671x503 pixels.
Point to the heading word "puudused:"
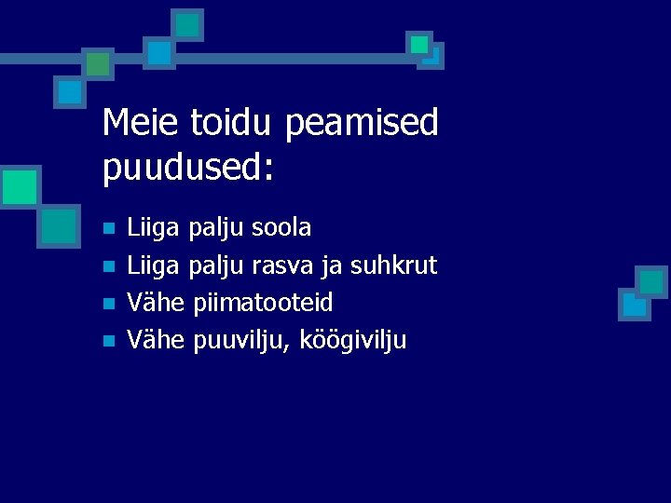pos(188,169)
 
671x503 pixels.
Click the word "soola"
pos(281,227)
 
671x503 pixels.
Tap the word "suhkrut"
pos(393,265)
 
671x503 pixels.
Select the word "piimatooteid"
pos(263,303)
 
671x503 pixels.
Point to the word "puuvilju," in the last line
pos(241,341)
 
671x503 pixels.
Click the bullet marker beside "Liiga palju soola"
pos(108,228)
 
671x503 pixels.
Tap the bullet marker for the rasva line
pos(108,266)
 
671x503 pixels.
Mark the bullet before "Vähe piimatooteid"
pos(108,304)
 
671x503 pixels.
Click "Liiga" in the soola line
pos(153,228)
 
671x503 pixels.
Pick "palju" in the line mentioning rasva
pos(216,266)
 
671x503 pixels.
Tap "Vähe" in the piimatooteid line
pos(156,303)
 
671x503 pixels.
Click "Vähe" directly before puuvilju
pos(156,340)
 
